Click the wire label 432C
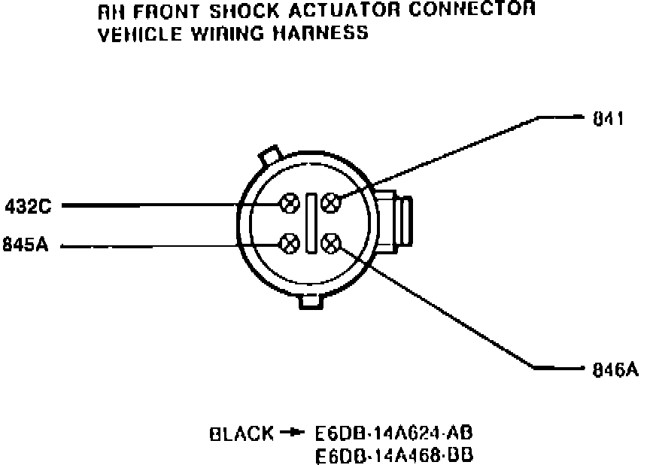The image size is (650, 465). pyautogui.click(x=29, y=205)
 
